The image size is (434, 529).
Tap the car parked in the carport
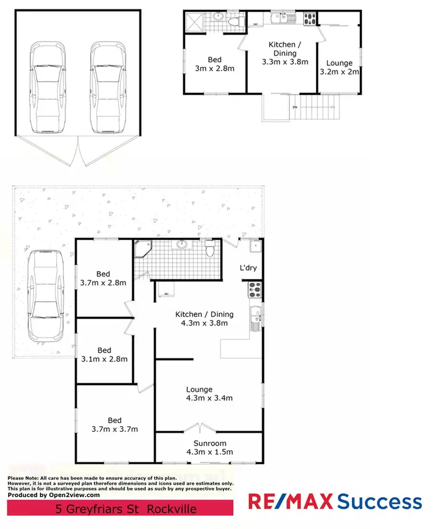[45, 294]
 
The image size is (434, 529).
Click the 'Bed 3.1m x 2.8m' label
[104, 354]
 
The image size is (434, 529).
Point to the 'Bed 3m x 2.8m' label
[215, 64]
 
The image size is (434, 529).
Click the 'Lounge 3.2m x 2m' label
[339, 68]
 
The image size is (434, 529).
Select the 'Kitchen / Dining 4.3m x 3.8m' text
[204, 319]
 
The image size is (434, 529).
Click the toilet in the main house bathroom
[211, 249]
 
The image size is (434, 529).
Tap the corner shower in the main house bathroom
[142, 249]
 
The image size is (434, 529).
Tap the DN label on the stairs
[294, 107]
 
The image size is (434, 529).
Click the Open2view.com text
[70, 495]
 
